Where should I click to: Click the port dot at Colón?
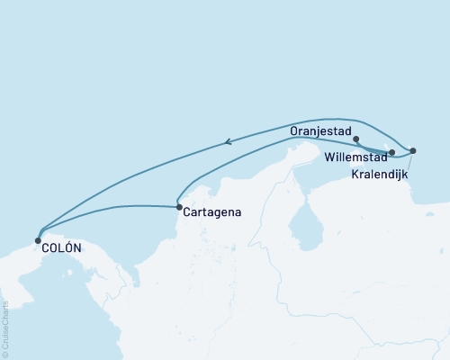click(x=37, y=240)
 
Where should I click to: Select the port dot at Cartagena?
click(x=178, y=207)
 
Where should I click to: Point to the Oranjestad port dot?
click(x=357, y=139)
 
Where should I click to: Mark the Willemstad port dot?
click(x=391, y=153)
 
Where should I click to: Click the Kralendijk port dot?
click(x=412, y=150)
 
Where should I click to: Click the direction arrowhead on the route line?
click(x=229, y=140)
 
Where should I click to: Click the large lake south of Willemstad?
click(x=309, y=220)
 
